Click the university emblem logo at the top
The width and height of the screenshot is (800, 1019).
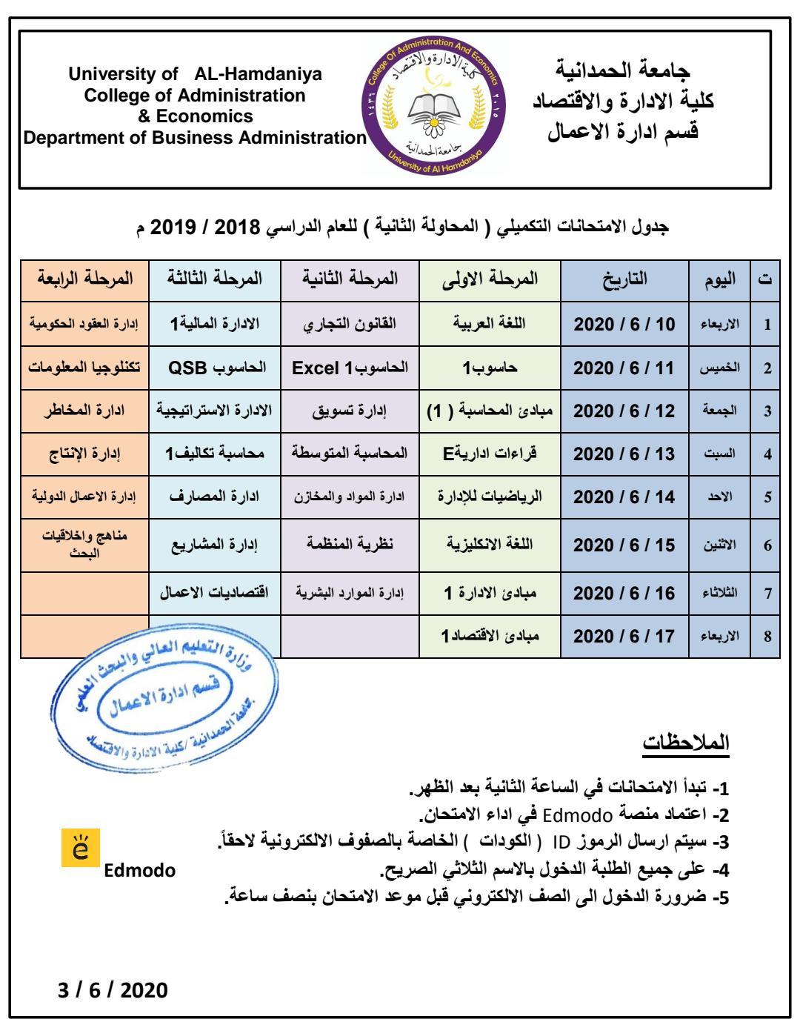(x=434, y=105)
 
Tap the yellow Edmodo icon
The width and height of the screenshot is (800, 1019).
(x=80, y=848)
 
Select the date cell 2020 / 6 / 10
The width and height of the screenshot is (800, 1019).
(x=624, y=325)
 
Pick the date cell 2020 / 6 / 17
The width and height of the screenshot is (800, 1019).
(x=624, y=637)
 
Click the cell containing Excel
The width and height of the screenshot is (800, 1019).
(x=350, y=368)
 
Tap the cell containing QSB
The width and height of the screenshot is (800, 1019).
(x=216, y=368)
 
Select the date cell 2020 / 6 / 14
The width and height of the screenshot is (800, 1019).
(x=624, y=497)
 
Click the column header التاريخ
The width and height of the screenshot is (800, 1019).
(x=624, y=279)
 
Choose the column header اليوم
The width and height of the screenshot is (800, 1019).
(x=719, y=279)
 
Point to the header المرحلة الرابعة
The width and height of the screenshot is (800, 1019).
(x=84, y=279)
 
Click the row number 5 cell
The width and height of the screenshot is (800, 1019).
(x=767, y=497)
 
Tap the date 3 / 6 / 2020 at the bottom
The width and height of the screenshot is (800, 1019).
(x=113, y=990)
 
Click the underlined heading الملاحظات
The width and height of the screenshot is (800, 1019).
(x=686, y=743)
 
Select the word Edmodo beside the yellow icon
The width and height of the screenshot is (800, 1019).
(x=139, y=871)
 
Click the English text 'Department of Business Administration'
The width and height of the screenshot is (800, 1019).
(x=195, y=138)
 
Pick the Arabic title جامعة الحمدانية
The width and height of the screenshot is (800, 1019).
(x=622, y=70)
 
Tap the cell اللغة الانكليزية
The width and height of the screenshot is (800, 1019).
(x=490, y=545)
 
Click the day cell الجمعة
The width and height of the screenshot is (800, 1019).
(x=719, y=411)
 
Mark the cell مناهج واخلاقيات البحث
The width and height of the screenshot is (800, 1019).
(x=84, y=544)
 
